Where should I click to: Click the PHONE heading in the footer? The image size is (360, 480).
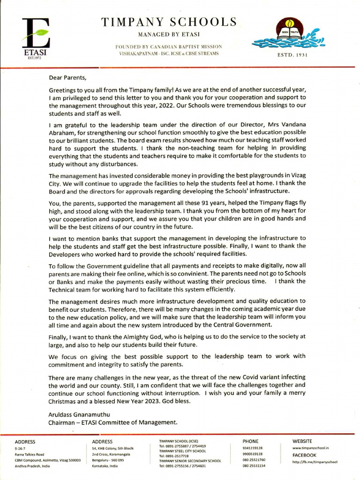tap(250, 442)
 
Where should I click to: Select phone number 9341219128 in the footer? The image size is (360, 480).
tap(252, 448)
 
